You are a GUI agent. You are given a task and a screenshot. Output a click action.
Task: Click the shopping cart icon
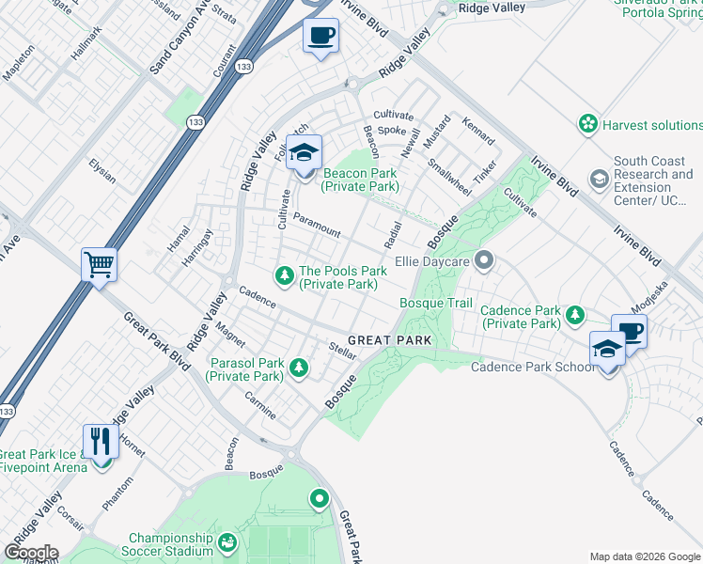[x=99, y=266]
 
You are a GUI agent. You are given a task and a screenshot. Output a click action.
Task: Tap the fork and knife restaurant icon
[x=101, y=441]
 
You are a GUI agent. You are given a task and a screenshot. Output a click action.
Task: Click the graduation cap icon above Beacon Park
[x=304, y=152]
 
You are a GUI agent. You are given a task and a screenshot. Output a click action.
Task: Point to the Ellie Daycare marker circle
[x=484, y=259]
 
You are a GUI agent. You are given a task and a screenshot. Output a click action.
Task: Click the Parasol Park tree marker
[x=299, y=368]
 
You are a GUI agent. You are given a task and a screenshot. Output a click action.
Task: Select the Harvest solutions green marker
[x=588, y=124]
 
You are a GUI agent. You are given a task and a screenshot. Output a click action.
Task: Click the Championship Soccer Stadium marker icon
[x=227, y=542]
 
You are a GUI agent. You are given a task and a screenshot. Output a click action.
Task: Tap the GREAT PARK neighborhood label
[x=389, y=339]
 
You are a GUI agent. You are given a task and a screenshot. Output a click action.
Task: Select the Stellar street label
[x=341, y=352]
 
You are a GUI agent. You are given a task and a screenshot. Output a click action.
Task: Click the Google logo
[x=30, y=553]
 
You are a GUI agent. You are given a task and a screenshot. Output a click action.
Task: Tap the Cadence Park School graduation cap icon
[x=608, y=349]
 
